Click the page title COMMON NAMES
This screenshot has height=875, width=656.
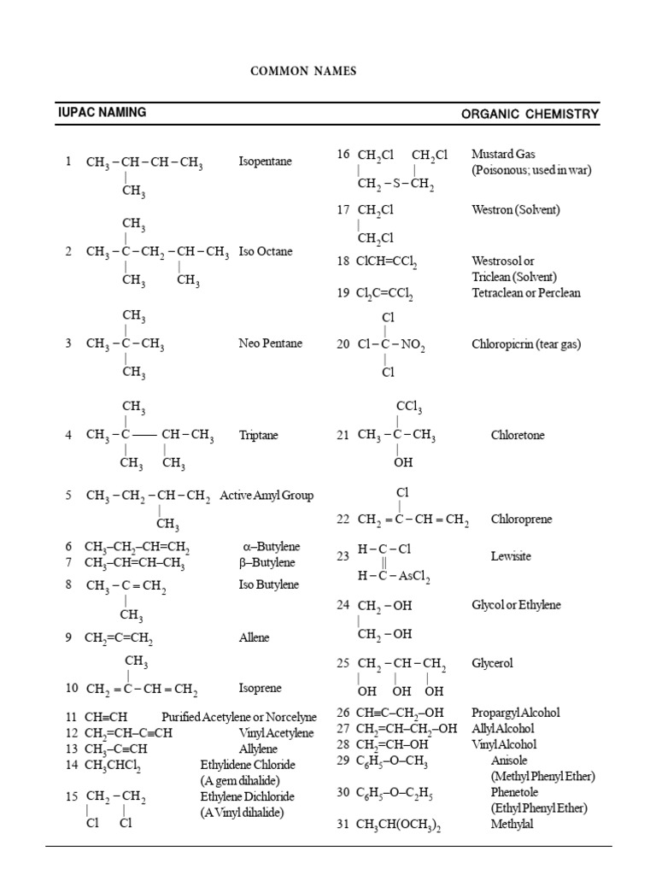point(303,72)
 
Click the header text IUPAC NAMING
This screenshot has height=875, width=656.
point(102,112)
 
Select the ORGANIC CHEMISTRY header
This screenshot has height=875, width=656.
point(530,115)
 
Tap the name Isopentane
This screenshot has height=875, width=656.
point(265,161)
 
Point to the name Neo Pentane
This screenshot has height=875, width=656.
point(270,344)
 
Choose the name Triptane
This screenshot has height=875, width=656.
point(259,435)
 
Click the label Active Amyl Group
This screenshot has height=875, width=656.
point(266,495)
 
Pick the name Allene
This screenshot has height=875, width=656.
point(254,637)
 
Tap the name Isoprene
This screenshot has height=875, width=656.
point(260,688)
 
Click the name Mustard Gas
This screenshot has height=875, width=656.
point(503,155)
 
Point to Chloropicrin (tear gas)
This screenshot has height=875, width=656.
point(525,344)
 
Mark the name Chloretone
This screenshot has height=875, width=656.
point(517,435)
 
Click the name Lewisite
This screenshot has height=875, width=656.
point(511,556)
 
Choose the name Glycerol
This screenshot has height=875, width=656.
point(492,663)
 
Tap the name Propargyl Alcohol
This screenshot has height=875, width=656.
point(515,713)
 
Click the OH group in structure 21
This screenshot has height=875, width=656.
point(403,462)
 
